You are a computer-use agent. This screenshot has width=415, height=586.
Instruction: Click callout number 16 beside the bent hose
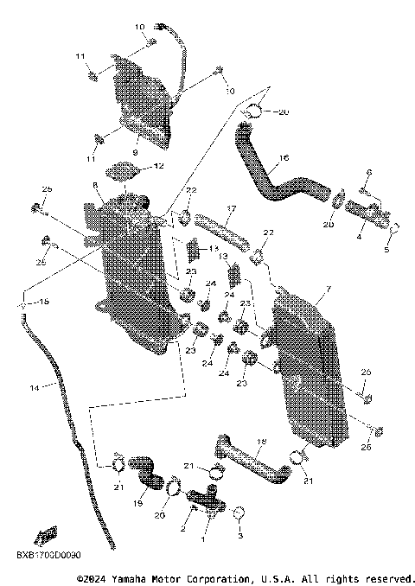pyautogui.click(x=283, y=159)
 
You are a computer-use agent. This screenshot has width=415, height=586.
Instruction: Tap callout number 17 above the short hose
pyautogui.click(x=232, y=209)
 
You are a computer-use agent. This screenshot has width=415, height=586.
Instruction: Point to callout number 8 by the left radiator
pyautogui.click(x=94, y=186)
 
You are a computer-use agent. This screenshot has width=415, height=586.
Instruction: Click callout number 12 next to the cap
pyautogui.click(x=158, y=166)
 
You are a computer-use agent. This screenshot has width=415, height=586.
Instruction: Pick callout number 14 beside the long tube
pyautogui.click(x=35, y=388)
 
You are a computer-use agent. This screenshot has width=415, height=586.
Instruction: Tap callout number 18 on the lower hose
pyautogui.click(x=262, y=442)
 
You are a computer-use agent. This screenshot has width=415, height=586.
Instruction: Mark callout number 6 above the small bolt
pyautogui.click(x=367, y=172)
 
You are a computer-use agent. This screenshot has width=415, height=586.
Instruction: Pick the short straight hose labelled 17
pyautogui.click(x=222, y=228)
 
